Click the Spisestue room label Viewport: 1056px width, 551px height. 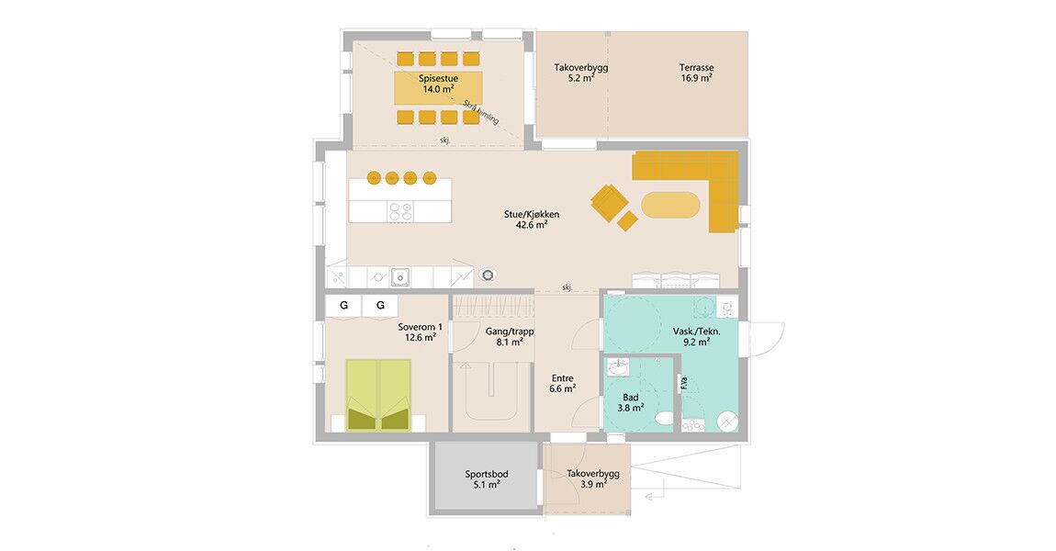click(438, 79)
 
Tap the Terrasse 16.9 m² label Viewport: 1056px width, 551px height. click(696, 73)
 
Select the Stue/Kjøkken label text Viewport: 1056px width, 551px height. click(532, 215)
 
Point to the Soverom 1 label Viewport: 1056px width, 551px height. click(421, 327)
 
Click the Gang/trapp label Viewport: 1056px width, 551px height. click(510, 332)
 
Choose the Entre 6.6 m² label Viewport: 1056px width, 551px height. click(563, 383)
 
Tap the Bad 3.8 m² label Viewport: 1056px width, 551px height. click(630, 403)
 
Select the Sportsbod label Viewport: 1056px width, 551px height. click(487, 474)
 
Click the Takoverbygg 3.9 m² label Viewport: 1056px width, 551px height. click(593, 479)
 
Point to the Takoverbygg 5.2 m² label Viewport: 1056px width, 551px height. click(580, 73)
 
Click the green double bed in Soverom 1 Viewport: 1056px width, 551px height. click(378, 395)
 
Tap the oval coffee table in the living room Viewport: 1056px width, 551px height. click(670, 205)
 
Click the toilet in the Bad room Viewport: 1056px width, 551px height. click(664, 419)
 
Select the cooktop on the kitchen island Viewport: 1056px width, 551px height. click(400, 211)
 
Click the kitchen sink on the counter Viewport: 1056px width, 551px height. click(401, 276)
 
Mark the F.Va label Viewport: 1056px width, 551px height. click(684, 383)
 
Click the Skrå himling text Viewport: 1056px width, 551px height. click(481, 112)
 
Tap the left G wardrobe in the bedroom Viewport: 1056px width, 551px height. click(344, 305)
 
